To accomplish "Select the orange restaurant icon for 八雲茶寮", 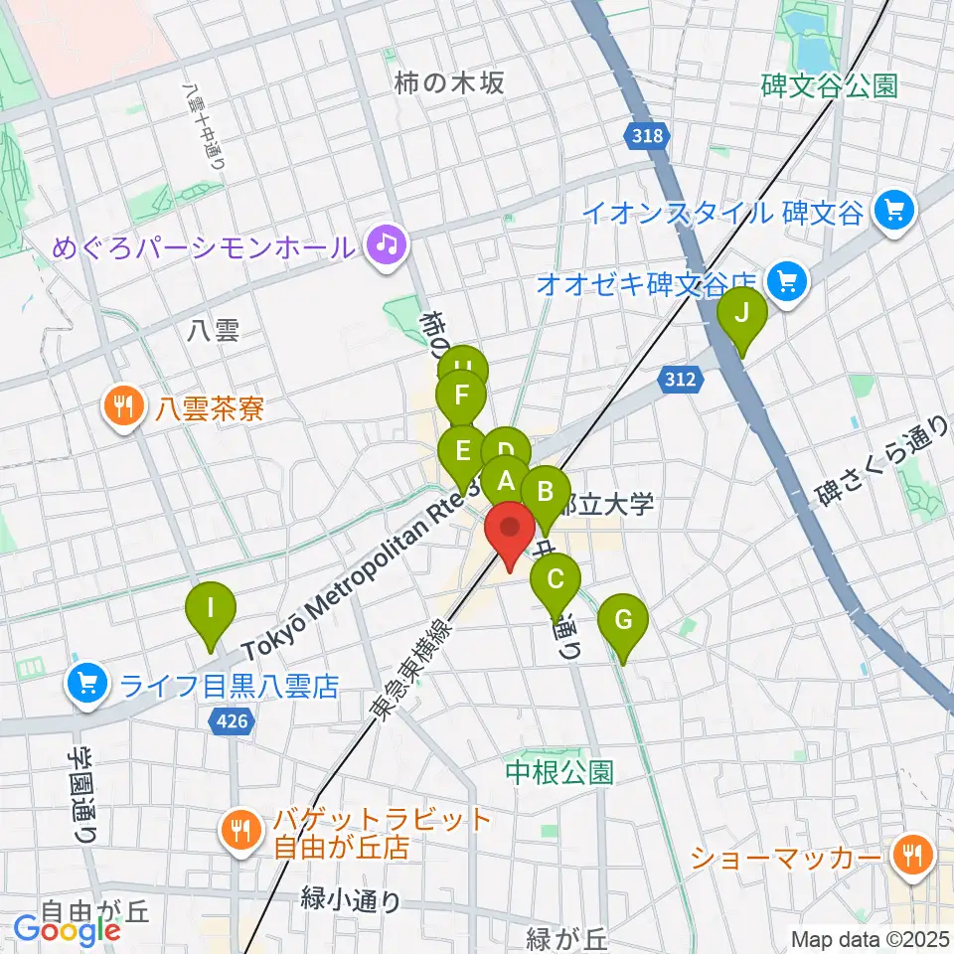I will click(123, 407).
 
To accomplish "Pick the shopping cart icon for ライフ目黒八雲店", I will click(86, 685).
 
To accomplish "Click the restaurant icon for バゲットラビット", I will click(239, 832).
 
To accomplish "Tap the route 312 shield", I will click(679, 378).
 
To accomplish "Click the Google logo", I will click(67, 930).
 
